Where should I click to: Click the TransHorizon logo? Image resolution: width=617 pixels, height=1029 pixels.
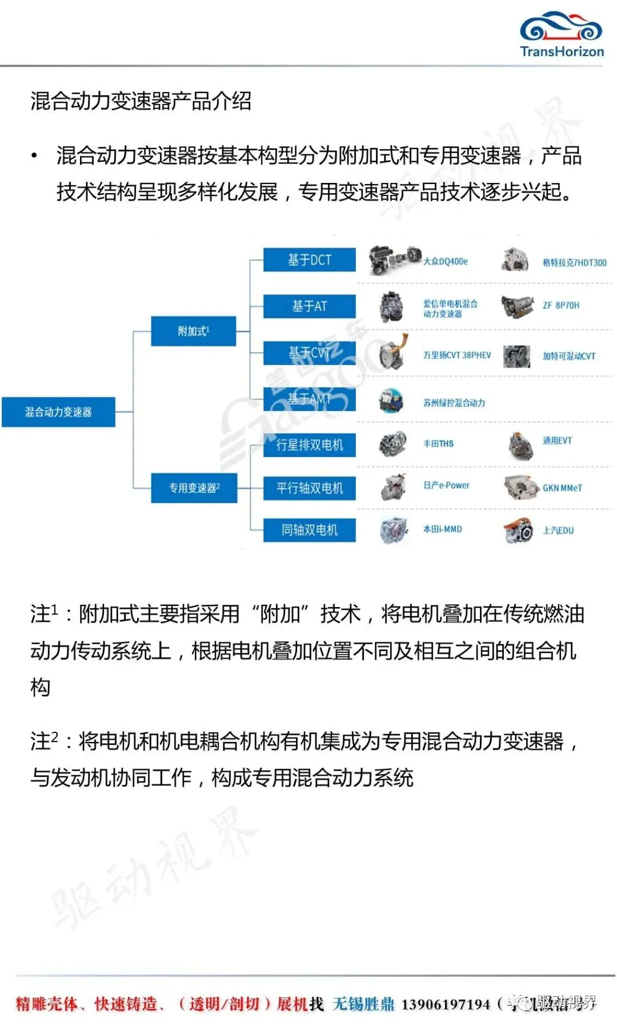coord(561,35)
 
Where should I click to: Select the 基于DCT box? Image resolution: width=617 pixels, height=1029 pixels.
coord(309,260)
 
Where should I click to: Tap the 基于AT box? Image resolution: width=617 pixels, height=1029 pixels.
coord(309,306)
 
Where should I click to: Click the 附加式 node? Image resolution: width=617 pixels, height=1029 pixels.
coord(193,331)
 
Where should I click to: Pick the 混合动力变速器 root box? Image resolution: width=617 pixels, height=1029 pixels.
coord(58,412)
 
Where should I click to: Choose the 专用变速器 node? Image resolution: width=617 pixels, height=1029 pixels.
coord(194,488)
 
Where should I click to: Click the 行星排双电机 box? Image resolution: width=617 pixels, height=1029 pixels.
coord(309,445)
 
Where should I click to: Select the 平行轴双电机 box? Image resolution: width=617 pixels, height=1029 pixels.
coord(309,488)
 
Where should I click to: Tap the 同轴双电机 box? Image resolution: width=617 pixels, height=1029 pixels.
coord(309,531)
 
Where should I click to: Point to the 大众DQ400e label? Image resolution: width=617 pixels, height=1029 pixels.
coord(445,261)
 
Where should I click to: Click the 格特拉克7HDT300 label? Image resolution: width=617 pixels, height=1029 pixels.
coord(574,263)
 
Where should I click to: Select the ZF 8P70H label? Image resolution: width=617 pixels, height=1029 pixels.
coord(560,305)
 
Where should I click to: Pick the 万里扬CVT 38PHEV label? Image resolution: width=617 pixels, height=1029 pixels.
coord(456,355)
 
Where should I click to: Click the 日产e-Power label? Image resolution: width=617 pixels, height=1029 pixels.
coord(446,485)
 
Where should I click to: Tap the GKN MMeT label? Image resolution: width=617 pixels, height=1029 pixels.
coord(562,488)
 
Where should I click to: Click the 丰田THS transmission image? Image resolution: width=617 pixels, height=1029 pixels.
coord(393,444)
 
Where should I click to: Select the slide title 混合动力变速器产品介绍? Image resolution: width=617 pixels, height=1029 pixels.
coord(141,101)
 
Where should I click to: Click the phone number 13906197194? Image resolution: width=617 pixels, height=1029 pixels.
coord(446,1004)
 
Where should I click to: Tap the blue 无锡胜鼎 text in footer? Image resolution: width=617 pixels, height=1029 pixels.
coord(363,1004)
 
